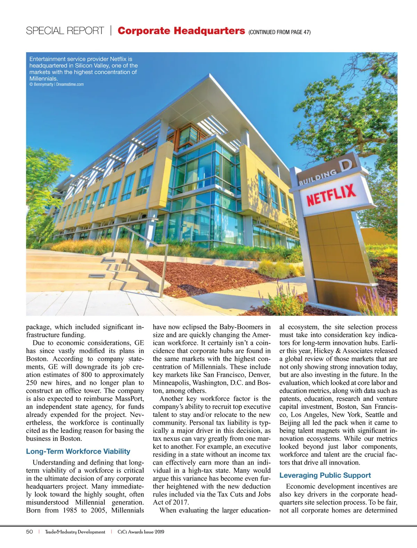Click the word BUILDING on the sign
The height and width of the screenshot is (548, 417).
pos(318,177)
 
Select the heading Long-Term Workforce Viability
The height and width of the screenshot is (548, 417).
pos(78,451)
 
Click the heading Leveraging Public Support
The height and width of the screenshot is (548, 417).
pos(325,475)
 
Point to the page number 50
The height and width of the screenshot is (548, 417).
pos(30,532)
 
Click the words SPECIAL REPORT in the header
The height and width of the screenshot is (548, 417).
pos(65,31)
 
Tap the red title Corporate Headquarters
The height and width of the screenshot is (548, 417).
pos(181,31)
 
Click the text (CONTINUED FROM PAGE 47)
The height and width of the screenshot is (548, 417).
pos(279,32)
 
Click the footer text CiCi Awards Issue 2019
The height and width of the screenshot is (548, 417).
pos(141,532)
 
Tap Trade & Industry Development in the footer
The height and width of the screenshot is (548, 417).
pos(75,532)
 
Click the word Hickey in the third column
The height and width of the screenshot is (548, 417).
pos(324,351)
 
